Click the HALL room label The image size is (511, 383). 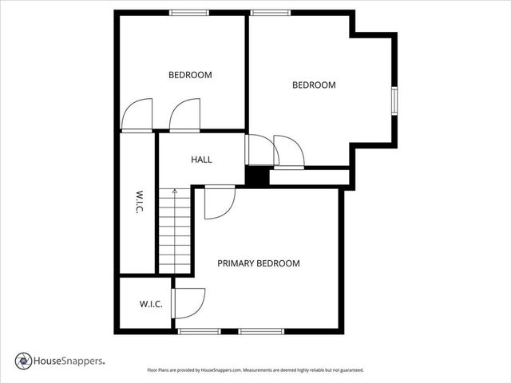201,160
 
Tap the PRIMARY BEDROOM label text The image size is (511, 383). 259,263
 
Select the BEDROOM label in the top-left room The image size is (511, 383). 190,75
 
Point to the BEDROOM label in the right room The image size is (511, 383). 314,85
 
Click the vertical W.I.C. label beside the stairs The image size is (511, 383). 138,203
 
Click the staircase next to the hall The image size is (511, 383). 175,231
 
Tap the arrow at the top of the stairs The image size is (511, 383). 175,191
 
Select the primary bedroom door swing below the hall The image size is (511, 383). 218,202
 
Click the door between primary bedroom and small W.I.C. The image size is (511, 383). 188,303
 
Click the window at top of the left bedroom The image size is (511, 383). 189,12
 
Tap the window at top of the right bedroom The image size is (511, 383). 271,12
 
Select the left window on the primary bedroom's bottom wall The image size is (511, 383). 199,330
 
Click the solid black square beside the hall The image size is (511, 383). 256,176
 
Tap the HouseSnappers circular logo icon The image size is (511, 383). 23,361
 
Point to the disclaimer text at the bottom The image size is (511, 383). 255,370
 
